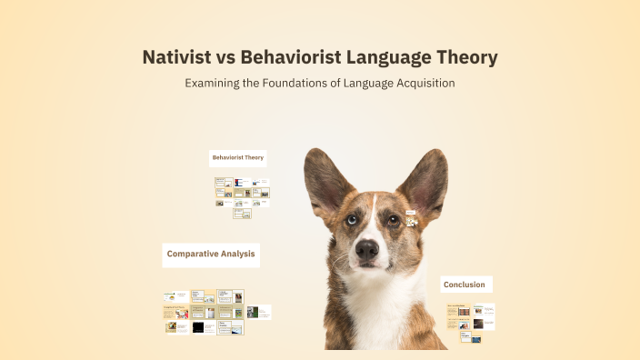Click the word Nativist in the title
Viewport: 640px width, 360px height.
[x=177, y=57]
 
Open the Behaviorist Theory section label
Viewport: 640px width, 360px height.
[x=238, y=157]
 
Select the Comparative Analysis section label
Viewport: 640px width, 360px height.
[x=211, y=254]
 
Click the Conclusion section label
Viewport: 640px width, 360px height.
[x=465, y=285]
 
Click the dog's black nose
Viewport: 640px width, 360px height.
[x=367, y=249]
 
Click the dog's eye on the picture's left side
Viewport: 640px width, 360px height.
[x=351, y=219]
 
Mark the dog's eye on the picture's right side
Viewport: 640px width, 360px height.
[x=393, y=219]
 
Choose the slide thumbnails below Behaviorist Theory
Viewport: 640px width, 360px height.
[x=242, y=196]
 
